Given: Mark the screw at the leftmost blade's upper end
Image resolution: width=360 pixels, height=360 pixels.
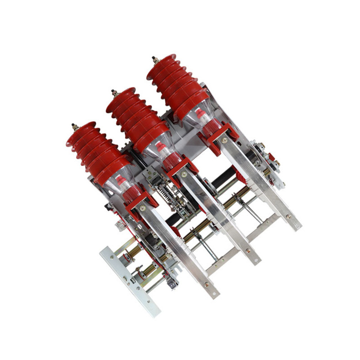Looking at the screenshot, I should click(143, 207).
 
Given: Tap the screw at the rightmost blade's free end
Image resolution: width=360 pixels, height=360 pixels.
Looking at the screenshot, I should click(288, 216).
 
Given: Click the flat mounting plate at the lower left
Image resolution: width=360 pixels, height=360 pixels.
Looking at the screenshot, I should click(130, 281).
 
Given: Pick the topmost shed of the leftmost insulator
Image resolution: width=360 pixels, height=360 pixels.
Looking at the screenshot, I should click(81, 129).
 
